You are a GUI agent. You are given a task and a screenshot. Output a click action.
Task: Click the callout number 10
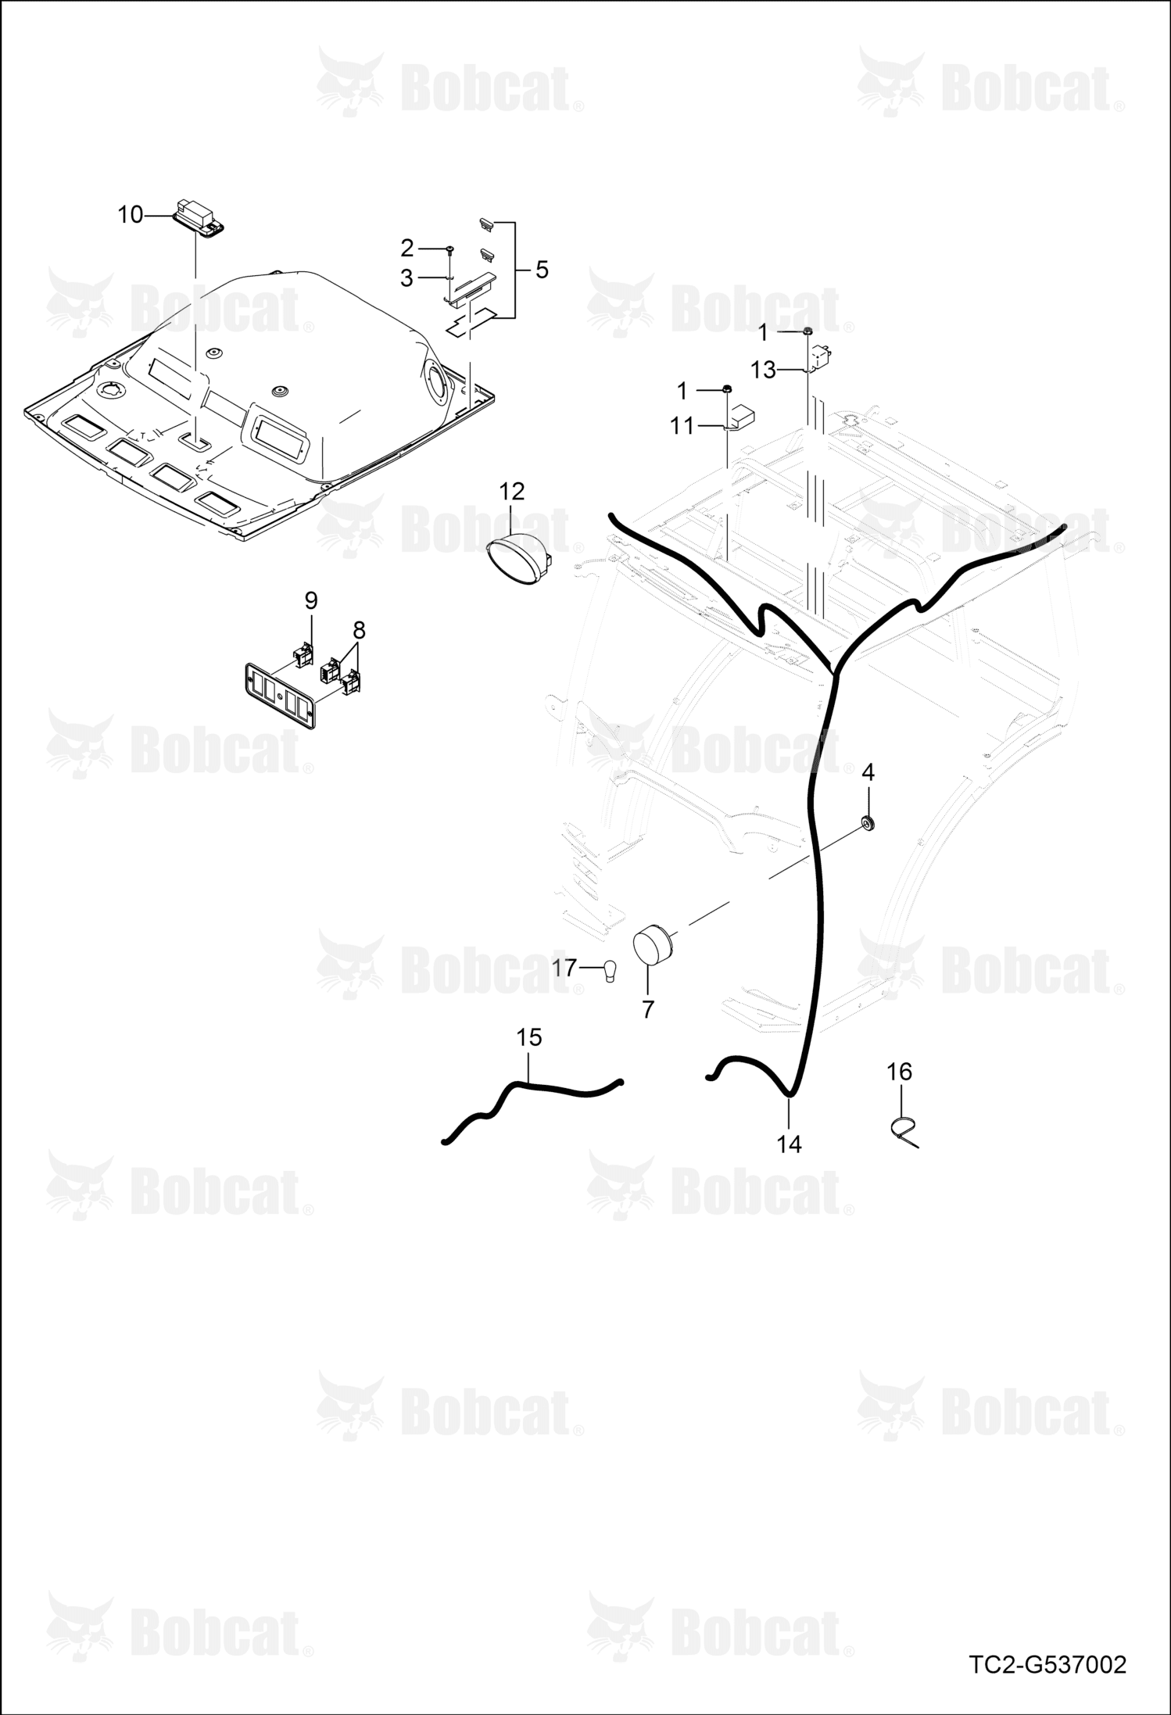coord(131,214)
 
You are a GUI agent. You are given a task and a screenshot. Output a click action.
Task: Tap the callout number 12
coord(512,492)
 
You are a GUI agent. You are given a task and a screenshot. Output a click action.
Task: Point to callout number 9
coord(311,600)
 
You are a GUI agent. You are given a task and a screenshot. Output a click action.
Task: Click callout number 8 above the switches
coord(359,629)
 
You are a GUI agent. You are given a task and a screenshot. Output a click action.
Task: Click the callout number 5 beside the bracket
coord(542,270)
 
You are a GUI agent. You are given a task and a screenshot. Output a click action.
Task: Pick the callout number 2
coord(406,248)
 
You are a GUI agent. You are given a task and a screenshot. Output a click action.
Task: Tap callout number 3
coord(406,277)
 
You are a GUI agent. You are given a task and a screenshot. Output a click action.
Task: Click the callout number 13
coord(763,370)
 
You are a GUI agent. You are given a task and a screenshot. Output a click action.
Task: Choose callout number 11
coord(682,426)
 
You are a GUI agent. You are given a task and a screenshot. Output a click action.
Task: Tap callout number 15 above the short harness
coord(529,1037)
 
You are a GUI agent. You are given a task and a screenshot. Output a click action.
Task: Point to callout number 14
coord(790,1144)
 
